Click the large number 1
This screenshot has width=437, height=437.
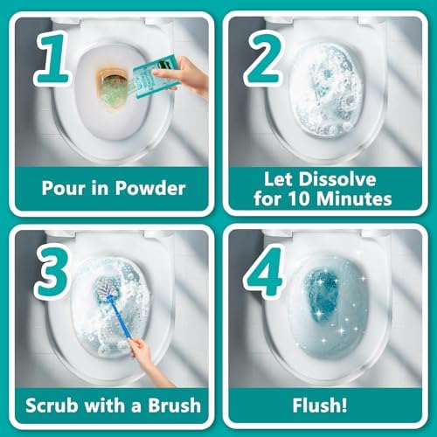[x=53, y=59]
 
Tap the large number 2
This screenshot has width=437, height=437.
[x=264, y=59]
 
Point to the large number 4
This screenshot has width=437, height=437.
[x=264, y=272]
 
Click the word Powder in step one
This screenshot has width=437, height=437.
[x=150, y=188]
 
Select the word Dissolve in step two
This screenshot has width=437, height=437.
[x=337, y=178]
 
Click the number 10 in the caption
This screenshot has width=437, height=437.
[x=300, y=199]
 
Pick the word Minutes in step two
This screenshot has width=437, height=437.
[x=354, y=199]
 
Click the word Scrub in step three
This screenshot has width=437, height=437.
[x=52, y=406]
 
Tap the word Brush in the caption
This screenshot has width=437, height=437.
[x=175, y=406]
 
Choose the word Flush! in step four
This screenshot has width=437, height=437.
[x=320, y=406]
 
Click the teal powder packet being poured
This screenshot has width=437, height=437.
[x=155, y=77]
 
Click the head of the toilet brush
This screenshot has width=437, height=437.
[x=107, y=288]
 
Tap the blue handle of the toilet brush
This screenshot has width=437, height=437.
[x=120, y=317]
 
